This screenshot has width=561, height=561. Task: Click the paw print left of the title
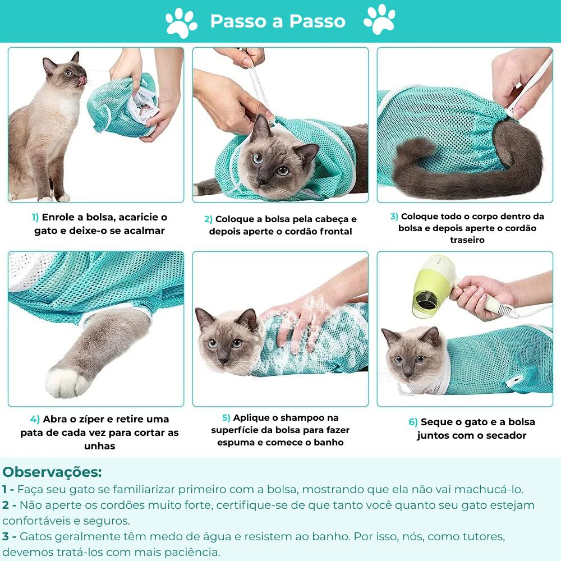pos(181,22)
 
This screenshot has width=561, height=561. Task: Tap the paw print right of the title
pos(379,20)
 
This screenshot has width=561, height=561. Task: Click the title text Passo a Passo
pos(278,21)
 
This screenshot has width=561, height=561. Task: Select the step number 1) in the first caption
pos(35,217)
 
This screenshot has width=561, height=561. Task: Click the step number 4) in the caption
pos(35,419)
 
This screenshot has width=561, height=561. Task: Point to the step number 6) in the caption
pos(413,422)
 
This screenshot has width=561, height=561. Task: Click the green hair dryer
pos(432,286)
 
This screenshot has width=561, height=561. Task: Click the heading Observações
pos(52,471)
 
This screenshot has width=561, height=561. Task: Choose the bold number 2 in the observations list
pos(6,505)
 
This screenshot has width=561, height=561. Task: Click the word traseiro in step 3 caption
pos(467,240)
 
